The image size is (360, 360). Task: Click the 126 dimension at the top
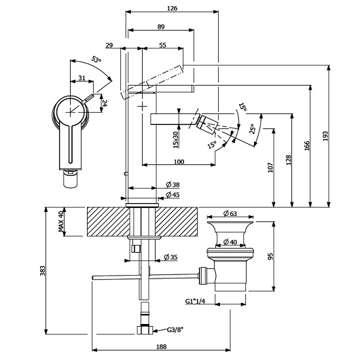coord(172,8)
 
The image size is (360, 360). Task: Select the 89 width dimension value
coord(161,27)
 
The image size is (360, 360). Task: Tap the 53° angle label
coord(96,59)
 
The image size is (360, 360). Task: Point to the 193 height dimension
coord(325,136)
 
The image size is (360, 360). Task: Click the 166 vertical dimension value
coord(307,145)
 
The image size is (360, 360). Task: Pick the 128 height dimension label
coord(289,160)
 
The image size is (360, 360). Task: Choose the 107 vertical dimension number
coord(270,167)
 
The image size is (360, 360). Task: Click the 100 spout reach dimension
coord(179,162)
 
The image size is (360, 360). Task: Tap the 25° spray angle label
coord(253,129)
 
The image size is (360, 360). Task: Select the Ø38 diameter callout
coord(173,184)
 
